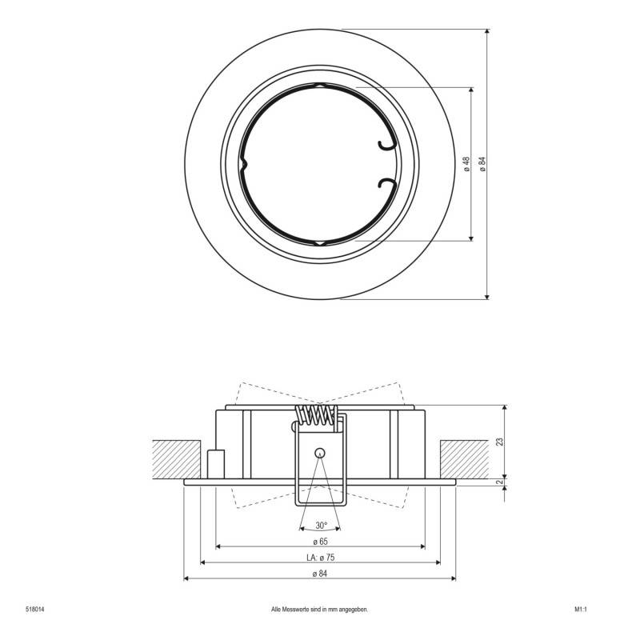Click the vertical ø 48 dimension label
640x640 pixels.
[466, 164]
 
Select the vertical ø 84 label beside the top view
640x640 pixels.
[482, 164]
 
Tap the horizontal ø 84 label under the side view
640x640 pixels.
[320, 574]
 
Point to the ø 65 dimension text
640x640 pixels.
[320, 542]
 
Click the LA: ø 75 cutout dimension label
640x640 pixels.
[320, 558]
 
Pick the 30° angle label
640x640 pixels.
[321, 526]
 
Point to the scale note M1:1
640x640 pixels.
[581, 609]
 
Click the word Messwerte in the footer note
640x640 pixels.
[297, 609]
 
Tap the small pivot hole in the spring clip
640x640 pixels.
[319, 451]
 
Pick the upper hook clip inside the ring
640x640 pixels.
[386, 142]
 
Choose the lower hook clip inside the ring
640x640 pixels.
[386, 186]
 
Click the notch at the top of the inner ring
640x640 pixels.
[319, 85]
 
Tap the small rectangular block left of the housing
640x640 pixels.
[215, 464]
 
